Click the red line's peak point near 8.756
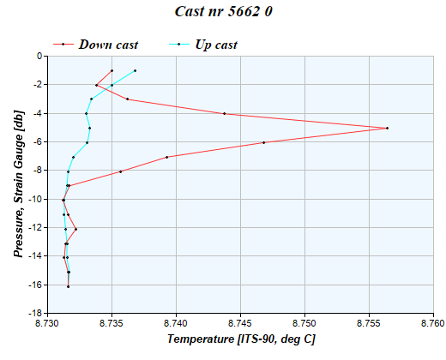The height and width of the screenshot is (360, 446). pyautogui.click(x=387, y=128)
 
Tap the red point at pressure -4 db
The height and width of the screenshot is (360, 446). pyautogui.click(x=224, y=113)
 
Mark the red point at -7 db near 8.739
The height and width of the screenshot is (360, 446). pyautogui.click(x=166, y=157)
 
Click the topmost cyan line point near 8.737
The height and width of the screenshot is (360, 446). pyautogui.click(x=135, y=70)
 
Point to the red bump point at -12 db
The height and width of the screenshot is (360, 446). pyautogui.click(x=75, y=229)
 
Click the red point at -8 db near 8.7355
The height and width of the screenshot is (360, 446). pyautogui.click(x=120, y=171)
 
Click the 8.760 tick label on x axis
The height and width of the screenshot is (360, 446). pyautogui.click(x=433, y=324)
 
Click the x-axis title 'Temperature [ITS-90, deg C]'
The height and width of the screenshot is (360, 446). pyautogui.click(x=241, y=340)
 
